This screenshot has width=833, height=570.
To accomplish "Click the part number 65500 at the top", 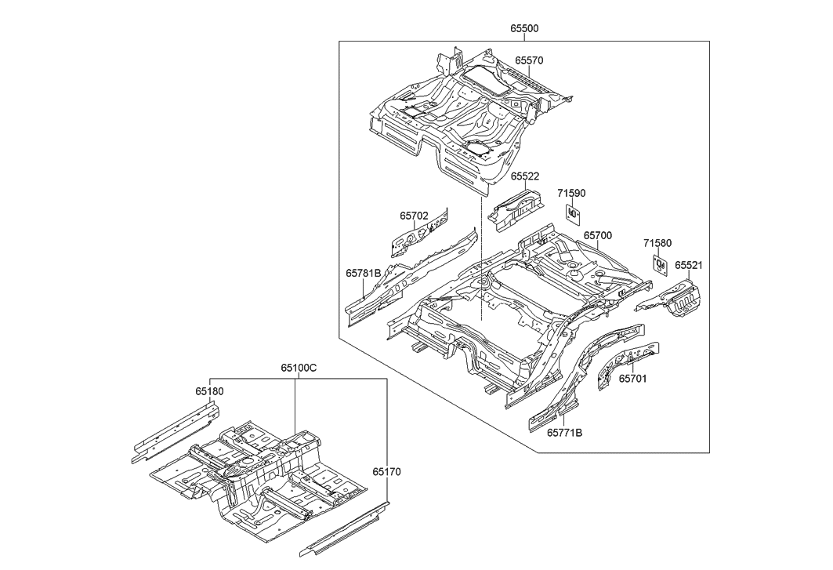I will click(524, 29).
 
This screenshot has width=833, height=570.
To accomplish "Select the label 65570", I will click(529, 60).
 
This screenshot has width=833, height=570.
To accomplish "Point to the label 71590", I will click(571, 193).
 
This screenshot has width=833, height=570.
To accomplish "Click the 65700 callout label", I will click(597, 235).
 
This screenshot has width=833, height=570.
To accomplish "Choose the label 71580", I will click(657, 244).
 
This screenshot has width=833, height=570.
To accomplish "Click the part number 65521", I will click(689, 266).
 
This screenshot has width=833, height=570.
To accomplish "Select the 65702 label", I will click(414, 216).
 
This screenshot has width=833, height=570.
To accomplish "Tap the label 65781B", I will click(364, 274).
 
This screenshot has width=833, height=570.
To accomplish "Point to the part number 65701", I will click(632, 378).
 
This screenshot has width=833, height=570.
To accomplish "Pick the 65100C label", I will click(299, 367).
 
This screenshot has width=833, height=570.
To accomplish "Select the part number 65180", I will click(209, 390).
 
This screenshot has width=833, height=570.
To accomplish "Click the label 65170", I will click(386, 472).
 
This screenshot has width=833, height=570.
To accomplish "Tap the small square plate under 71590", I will click(573, 212).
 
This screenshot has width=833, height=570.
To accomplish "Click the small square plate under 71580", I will click(660, 264).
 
